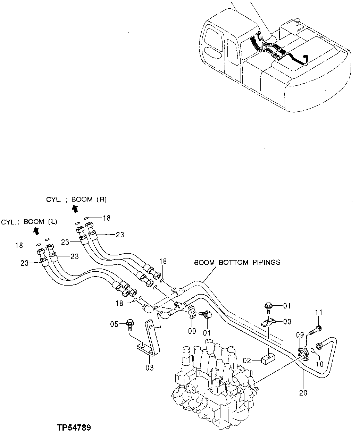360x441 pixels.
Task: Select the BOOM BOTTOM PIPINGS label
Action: tap(237, 262)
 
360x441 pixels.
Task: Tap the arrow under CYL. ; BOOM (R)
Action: tap(75, 208)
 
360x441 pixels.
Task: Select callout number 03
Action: tap(150, 367)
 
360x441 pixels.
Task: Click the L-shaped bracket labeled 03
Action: tap(150, 338)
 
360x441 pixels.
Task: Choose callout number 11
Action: tap(319, 313)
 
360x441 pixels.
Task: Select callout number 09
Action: tap(301, 335)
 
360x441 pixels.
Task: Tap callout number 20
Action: tap(303, 393)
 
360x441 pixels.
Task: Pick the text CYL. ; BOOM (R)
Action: tap(76, 199)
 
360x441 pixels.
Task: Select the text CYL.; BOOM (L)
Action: tap(29, 222)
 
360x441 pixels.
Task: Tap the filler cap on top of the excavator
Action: tap(296, 23)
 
